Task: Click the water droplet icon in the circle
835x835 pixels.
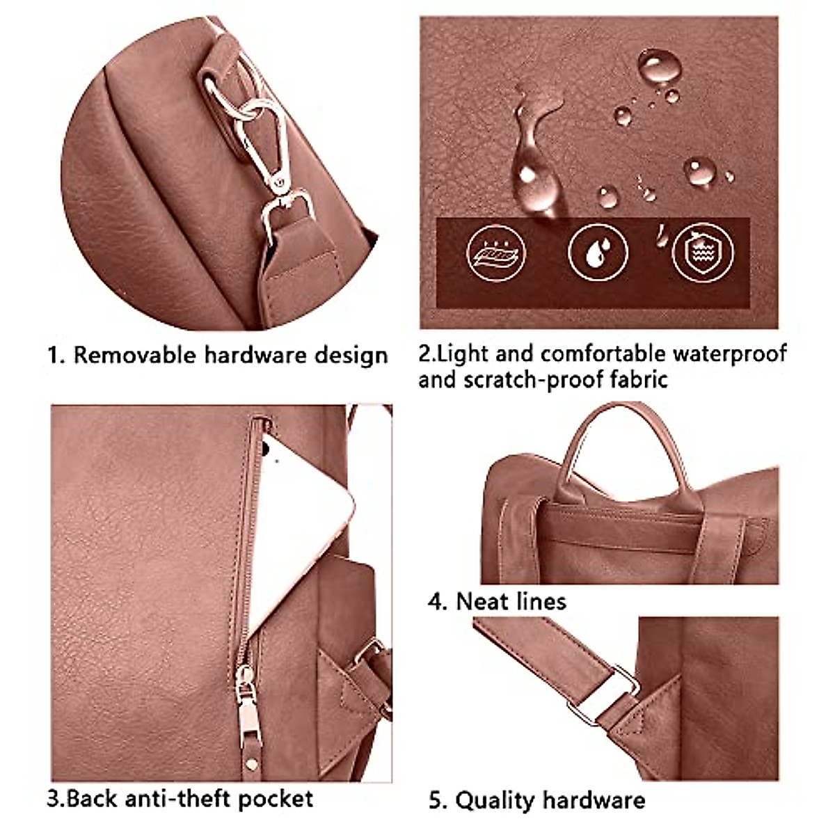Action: (598, 253)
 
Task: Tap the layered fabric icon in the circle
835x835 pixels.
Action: (495, 253)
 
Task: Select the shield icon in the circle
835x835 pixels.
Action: (702, 253)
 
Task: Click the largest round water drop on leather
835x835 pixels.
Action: (659, 67)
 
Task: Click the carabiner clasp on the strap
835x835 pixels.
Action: (268, 150)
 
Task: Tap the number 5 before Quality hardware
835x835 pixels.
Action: (437, 800)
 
